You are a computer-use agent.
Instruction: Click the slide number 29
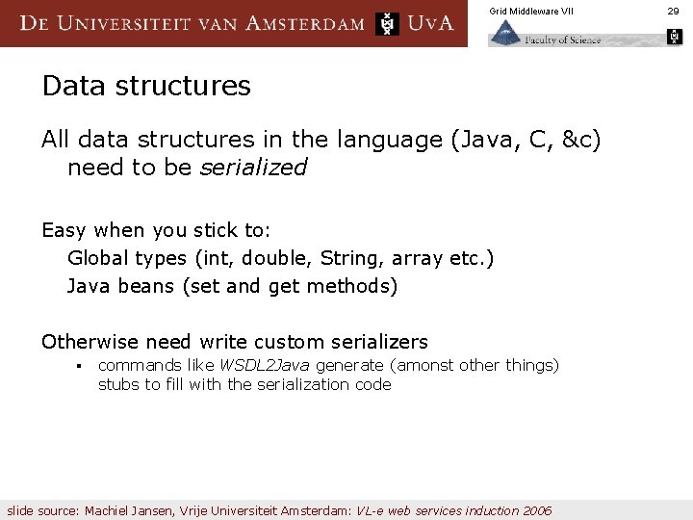click(x=674, y=11)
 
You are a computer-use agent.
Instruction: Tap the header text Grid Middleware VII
click(x=530, y=11)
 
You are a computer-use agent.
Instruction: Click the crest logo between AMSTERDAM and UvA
click(x=387, y=23)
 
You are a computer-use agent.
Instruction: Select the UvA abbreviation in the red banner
click(x=430, y=23)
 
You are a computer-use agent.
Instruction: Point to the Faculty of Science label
click(x=562, y=39)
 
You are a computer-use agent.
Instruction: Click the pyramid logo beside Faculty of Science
click(x=504, y=34)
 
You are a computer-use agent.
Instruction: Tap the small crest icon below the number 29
click(x=674, y=38)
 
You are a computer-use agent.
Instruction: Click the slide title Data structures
click(x=146, y=86)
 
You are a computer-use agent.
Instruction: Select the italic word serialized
click(x=253, y=168)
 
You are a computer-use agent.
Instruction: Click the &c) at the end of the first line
click(x=581, y=141)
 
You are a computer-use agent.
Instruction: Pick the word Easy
click(x=64, y=231)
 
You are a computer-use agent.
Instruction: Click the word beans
click(x=146, y=286)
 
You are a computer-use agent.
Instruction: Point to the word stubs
click(x=117, y=384)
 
